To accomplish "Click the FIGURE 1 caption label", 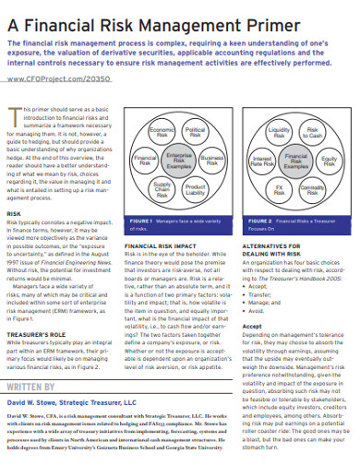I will (x=142, y=222).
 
